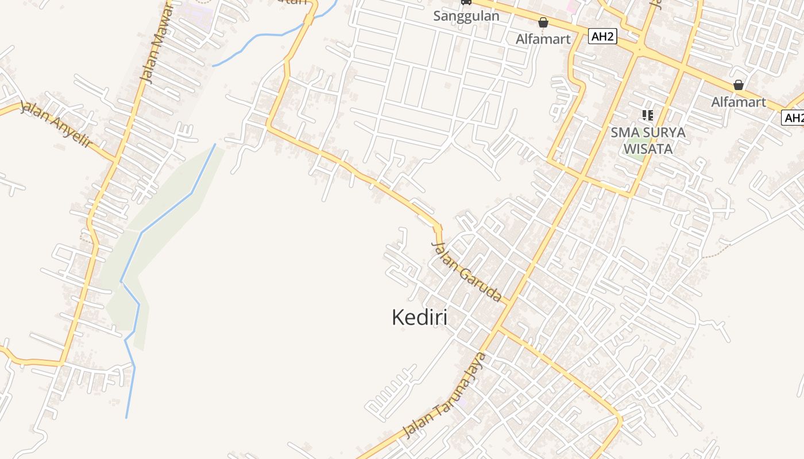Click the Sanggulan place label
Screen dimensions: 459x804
pos(466,15)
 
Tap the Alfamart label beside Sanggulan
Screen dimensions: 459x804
pos(543,39)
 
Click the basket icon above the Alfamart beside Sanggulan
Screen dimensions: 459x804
pos(543,23)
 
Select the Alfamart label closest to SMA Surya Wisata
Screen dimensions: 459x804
pos(739,102)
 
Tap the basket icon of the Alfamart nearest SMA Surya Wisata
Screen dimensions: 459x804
pos(739,85)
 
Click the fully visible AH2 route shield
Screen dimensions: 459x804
pos(602,37)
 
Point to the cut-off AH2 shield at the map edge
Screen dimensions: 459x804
pos(794,118)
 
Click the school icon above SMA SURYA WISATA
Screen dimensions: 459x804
pos(648,115)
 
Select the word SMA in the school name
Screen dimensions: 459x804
pos(624,133)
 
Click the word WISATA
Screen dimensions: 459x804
pos(648,149)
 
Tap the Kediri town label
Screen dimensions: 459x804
pos(419,317)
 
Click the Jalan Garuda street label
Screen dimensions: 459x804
pos(466,272)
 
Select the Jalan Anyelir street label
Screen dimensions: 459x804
pos(56,124)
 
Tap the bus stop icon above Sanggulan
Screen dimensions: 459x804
pos(466,2)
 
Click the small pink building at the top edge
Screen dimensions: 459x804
pos(571,6)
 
